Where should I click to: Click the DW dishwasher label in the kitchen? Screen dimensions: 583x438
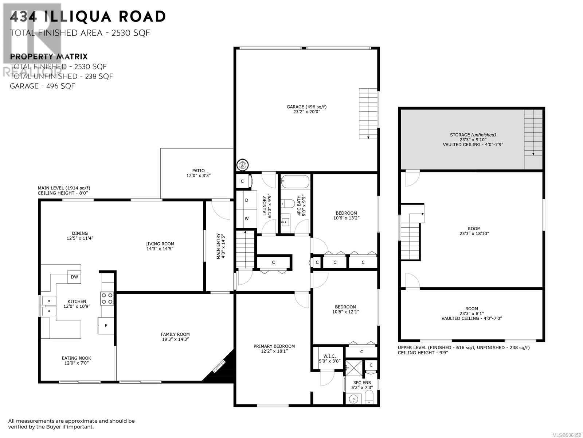pos(74,277)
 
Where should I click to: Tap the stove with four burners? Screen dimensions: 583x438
pos(107,298)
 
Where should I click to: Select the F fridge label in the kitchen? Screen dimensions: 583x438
pos(106,326)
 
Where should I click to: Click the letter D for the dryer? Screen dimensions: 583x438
pos(247,200)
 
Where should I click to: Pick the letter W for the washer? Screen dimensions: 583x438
pos(247,219)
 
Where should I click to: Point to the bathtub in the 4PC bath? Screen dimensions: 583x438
pos(296,182)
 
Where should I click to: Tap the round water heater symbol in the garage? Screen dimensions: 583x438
pos(242,165)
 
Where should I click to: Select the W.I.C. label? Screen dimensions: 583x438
pos(330,356)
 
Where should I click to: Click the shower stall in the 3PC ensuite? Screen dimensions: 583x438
pos(354,368)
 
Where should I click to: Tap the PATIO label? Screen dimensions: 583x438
pos(199,170)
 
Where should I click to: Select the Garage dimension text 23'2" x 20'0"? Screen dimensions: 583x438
pos(306,112)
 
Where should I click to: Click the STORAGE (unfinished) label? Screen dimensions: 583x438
pos(473,135)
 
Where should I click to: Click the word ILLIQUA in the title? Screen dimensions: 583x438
pos(77,16)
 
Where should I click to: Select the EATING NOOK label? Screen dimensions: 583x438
pos(77,358)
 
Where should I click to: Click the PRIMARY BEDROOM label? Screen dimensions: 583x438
pos(274,346)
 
